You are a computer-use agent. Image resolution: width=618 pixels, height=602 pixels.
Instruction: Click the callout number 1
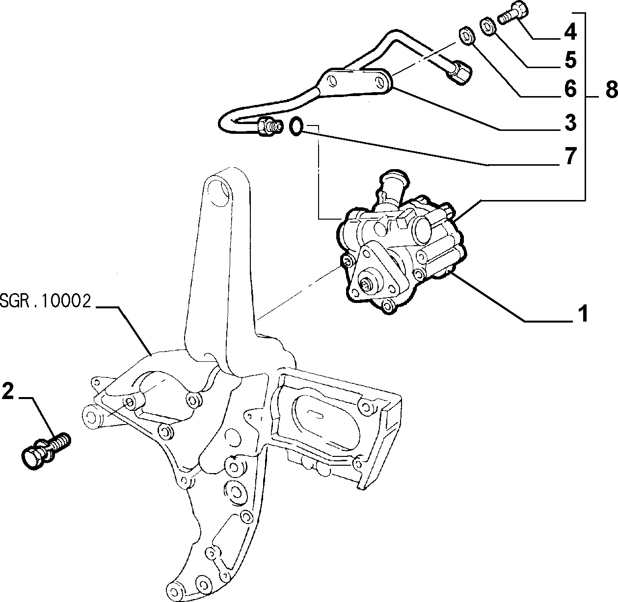tap(582, 313)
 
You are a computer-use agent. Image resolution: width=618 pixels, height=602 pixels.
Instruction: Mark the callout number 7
tap(570, 156)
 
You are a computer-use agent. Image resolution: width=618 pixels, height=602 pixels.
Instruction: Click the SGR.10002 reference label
tap(46, 301)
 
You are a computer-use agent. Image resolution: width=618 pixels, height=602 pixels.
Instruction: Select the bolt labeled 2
tap(46, 450)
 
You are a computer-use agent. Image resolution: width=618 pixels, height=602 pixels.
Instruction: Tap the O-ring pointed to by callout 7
tap(296, 126)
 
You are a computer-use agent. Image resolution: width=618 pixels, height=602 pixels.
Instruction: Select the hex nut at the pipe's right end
tap(458, 73)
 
